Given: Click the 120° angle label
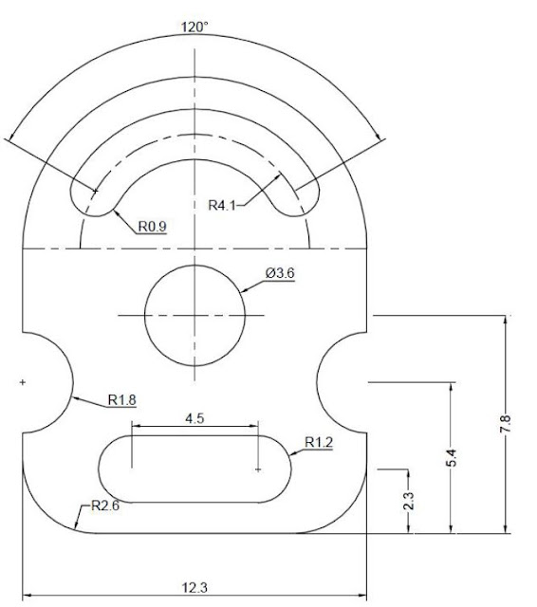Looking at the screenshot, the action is tap(194, 28).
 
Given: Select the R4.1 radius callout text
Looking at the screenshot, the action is tap(222, 205).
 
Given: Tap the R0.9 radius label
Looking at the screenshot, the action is tap(153, 226).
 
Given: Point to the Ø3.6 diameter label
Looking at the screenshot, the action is tap(280, 273).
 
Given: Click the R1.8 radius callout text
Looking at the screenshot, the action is tap(122, 399).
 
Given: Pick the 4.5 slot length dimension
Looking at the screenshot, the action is tap(194, 418).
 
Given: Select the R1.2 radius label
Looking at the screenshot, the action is tap(319, 442).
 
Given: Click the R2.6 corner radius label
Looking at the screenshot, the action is tap(105, 506).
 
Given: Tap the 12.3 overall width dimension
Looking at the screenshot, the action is tap(194, 588).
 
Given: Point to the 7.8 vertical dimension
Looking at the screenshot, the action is tap(506, 424).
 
